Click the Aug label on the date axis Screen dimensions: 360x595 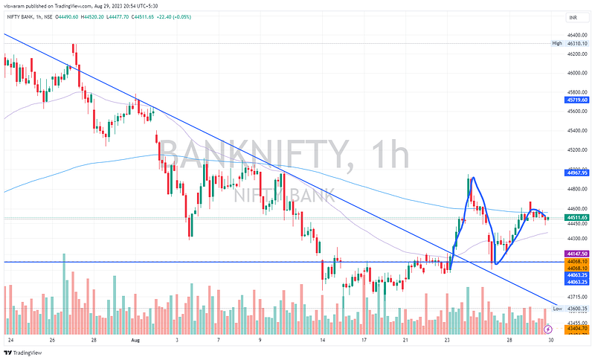(x=135, y=339)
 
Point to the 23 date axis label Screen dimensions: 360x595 (x=448, y=339)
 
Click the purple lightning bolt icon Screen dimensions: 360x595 (x=548, y=328)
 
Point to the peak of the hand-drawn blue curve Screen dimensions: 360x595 (x=471, y=178)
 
